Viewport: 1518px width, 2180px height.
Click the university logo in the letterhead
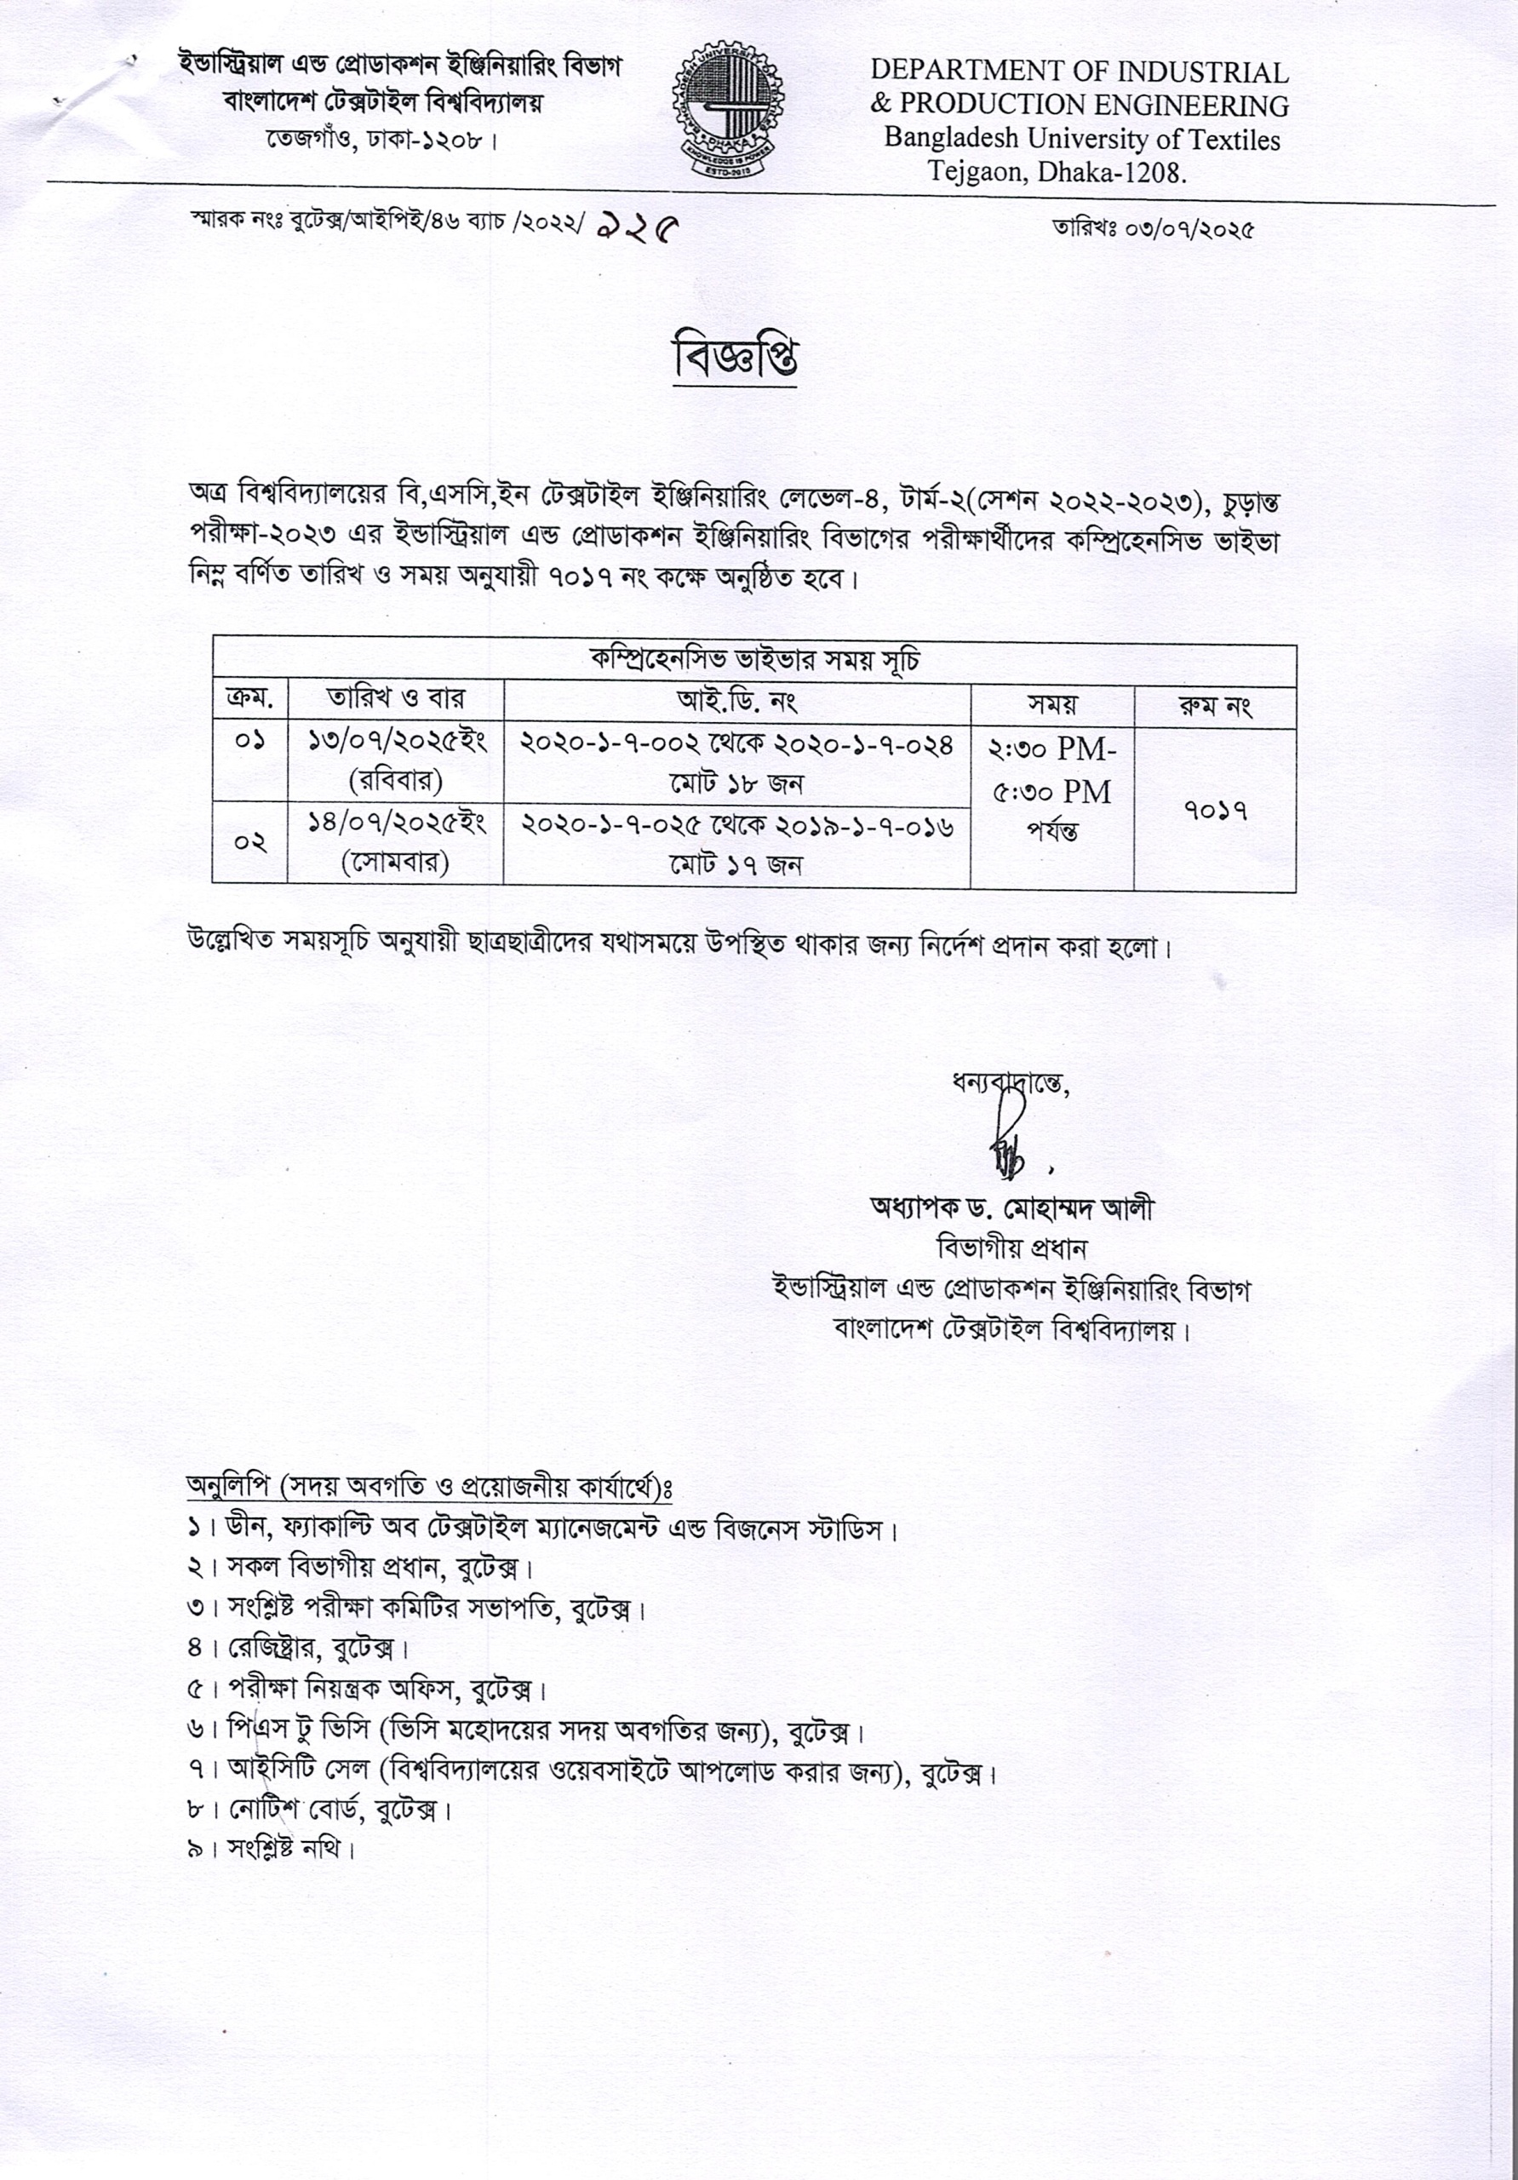[x=728, y=111]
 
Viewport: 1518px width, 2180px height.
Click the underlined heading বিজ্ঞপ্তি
[x=735, y=358]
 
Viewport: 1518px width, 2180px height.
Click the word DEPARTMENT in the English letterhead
[x=969, y=72]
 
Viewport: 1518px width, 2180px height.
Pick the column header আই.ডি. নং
[x=736, y=703]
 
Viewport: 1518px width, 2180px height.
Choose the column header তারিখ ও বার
[x=395, y=700]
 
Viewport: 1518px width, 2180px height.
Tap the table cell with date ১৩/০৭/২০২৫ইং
[x=397, y=742]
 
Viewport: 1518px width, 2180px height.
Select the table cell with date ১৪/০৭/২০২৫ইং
[x=397, y=823]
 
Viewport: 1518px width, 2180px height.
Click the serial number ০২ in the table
[x=249, y=843]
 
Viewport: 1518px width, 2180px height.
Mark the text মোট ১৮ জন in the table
[x=736, y=783]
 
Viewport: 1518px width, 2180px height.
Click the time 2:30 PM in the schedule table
[x=1051, y=750]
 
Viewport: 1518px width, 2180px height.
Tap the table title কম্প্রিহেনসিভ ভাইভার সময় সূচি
[x=753, y=662]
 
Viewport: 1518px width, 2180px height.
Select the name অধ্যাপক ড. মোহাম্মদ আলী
[x=1012, y=1208]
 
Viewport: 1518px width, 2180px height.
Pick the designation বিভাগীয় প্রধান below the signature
[x=1011, y=1248]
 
